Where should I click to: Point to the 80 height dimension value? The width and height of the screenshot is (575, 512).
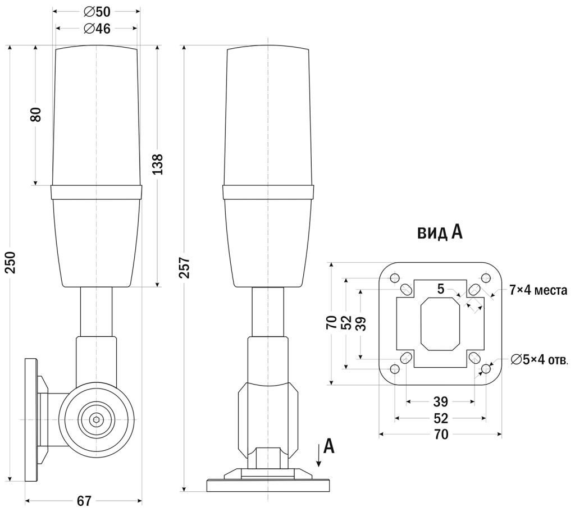point(35,115)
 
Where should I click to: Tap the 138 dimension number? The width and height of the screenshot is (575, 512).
point(158,164)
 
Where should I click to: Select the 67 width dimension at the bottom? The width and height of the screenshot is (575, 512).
point(84,501)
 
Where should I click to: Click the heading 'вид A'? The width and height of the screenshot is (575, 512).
point(440,232)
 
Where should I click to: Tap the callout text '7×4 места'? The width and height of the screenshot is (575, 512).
point(539,290)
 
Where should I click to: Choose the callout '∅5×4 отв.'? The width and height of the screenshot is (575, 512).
point(540,360)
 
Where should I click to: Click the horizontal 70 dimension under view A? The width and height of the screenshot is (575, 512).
point(441,435)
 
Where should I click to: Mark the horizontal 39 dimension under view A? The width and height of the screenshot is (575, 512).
point(441,401)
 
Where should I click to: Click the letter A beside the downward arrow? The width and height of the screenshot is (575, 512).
point(330,446)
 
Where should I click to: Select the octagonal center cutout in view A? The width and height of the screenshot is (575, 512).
point(440,324)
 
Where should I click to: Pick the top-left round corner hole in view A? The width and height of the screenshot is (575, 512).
point(395,278)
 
